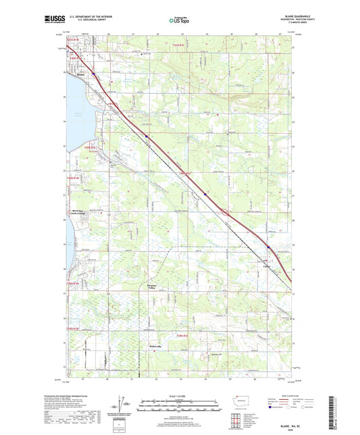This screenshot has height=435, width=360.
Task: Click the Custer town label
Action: click(267, 267)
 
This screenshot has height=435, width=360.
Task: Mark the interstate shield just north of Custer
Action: click(267, 247)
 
